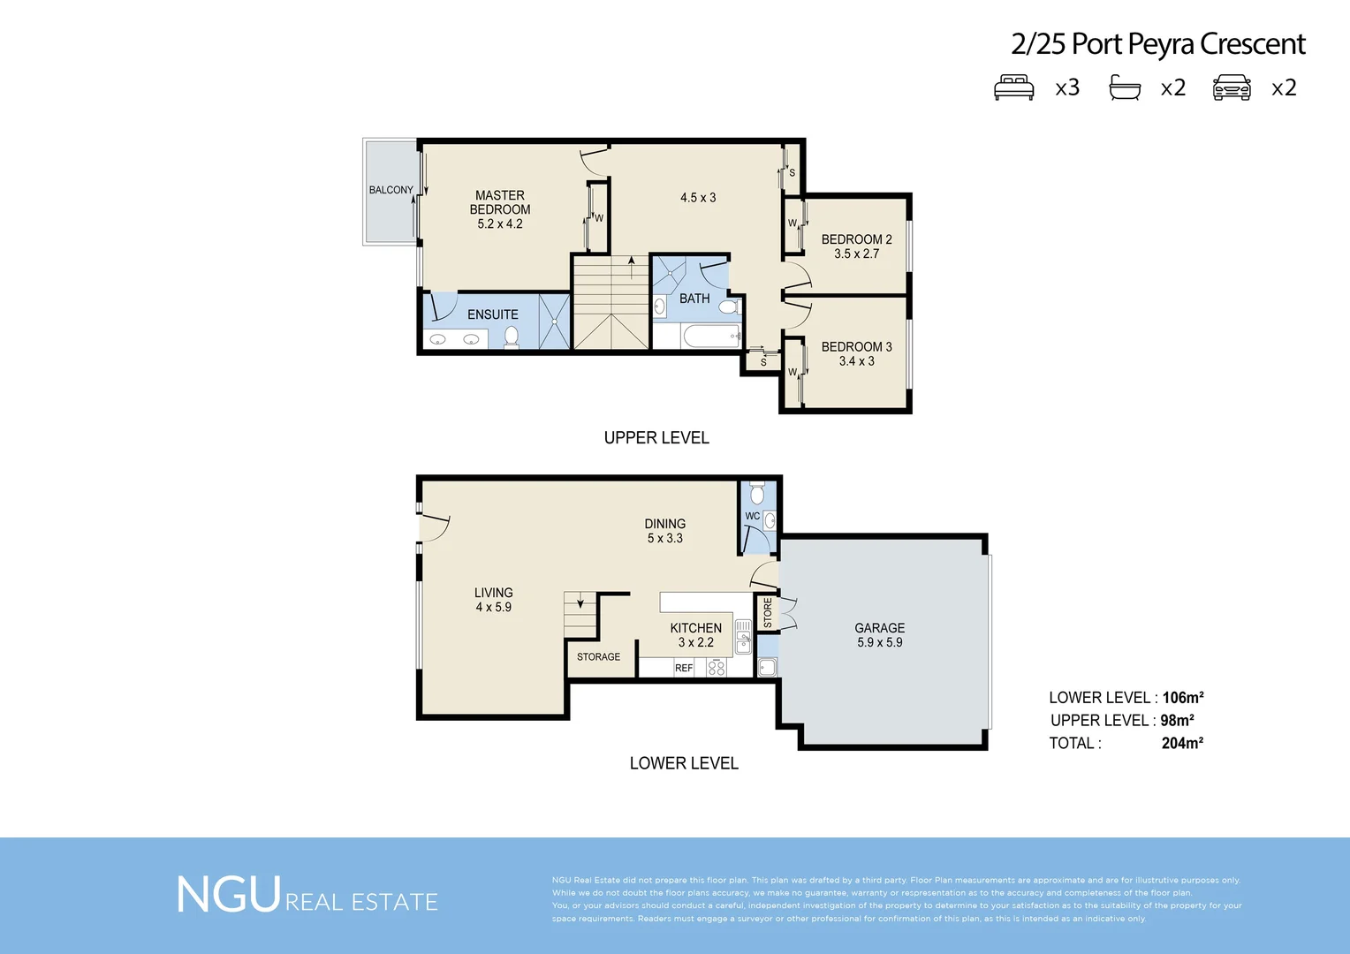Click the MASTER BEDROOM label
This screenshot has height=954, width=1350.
500,202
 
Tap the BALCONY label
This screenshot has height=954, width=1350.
391,190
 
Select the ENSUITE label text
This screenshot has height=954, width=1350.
492,314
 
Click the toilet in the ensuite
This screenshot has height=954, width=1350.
512,337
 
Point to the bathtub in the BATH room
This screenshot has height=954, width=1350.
710,337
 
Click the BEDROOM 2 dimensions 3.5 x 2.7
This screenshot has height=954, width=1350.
856,254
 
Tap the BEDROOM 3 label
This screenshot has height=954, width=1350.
856,347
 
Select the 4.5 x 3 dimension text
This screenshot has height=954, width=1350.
698,198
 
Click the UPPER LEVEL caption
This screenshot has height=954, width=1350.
656,438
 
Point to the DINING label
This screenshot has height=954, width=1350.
664,524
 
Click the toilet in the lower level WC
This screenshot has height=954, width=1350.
757,493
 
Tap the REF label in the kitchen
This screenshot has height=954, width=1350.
684,669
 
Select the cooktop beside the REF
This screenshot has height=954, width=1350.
717,668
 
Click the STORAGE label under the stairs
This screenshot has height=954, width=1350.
598,657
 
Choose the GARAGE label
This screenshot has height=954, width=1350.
879,628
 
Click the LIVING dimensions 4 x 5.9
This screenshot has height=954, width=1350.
493,608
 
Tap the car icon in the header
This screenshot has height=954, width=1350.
1232,88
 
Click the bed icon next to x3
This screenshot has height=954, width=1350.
1013,88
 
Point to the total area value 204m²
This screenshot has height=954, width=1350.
1182,744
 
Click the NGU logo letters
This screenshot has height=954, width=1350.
229,896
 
